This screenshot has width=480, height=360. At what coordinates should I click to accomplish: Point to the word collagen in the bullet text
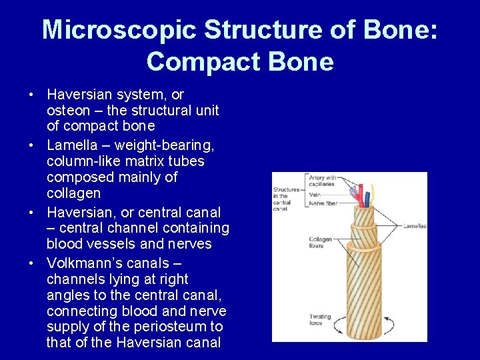73,193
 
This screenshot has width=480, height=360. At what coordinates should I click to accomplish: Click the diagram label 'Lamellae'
415,226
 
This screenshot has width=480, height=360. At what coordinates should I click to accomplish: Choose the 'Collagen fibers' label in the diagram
320,243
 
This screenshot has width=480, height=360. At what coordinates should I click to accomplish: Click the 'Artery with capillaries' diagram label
323,180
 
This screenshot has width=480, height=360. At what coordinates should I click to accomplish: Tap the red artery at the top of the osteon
363,195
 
